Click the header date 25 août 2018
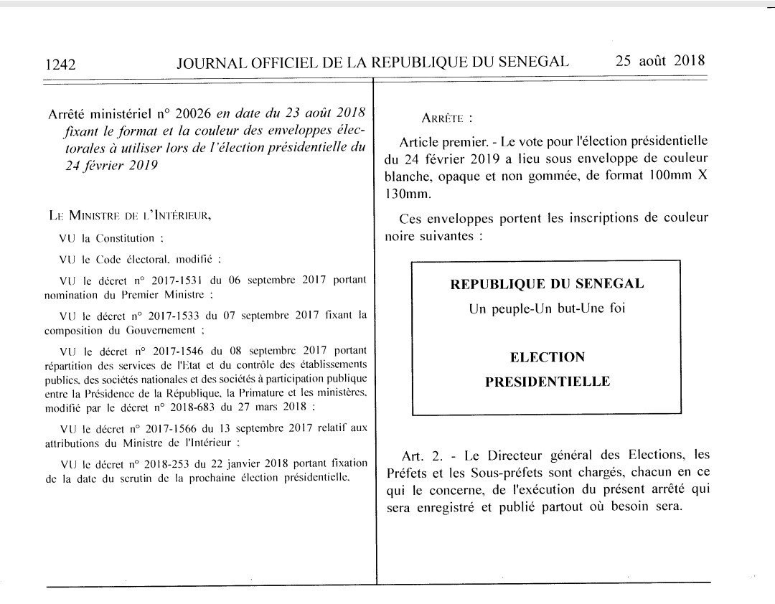[660, 61]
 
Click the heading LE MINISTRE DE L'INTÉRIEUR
[130, 214]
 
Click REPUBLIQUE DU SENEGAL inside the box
[546, 284]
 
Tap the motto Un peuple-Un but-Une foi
[546, 309]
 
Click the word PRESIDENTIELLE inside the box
[547, 382]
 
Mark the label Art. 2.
[418, 455]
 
